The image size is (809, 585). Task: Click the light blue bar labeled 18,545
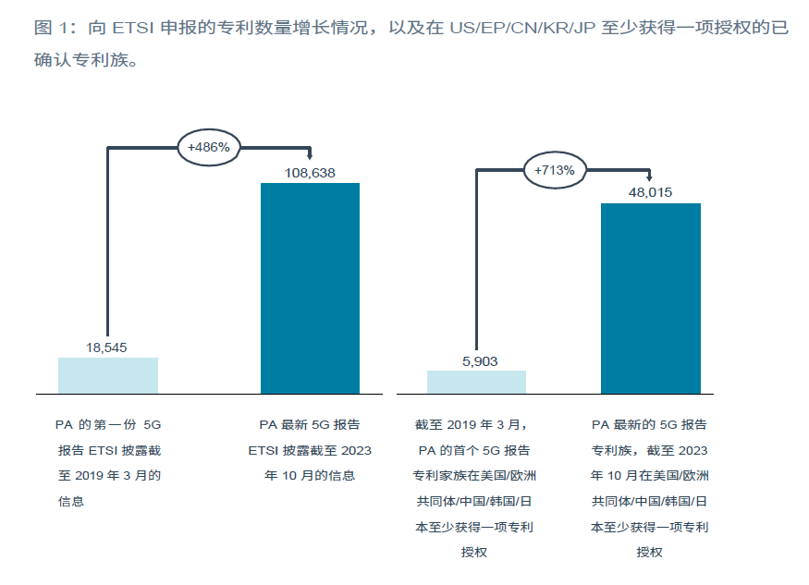(108, 375)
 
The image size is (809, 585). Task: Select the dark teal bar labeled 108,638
(310, 288)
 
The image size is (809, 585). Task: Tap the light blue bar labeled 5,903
(476, 382)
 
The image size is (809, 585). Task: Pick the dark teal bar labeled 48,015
(651, 299)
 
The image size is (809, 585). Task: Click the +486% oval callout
(209, 147)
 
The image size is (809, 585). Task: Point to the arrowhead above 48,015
(651, 178)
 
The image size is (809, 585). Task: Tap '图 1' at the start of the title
(51, 29)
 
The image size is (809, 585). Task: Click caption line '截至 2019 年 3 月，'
(474, 425)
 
